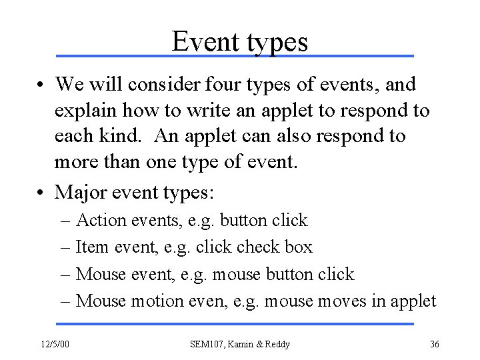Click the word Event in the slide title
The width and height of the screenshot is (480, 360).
coord(203,42)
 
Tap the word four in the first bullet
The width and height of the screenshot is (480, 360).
coord(245,85)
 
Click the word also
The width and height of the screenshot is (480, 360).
coord(311,137)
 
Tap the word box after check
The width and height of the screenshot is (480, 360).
coord(297,247)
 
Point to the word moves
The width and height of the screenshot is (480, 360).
coord(338,301)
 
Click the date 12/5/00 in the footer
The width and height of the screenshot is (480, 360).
coord(57,344)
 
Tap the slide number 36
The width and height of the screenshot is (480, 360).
coord(435,344)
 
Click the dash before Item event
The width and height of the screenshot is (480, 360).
coord(67,248)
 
